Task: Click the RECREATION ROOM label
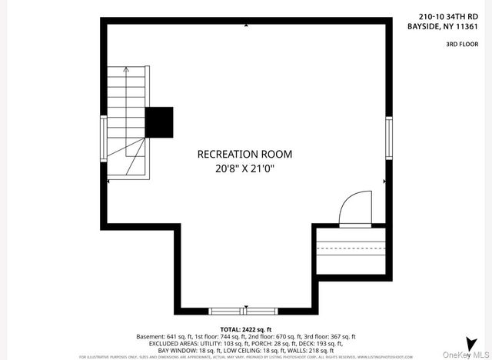[x=244, y=154]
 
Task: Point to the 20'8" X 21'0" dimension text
[x=244, y=168]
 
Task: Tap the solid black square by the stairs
[x=160, y=122]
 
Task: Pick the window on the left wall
[x=102, y=138]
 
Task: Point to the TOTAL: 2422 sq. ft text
[x=245, y=328]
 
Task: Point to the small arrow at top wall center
[x=245, y=25]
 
